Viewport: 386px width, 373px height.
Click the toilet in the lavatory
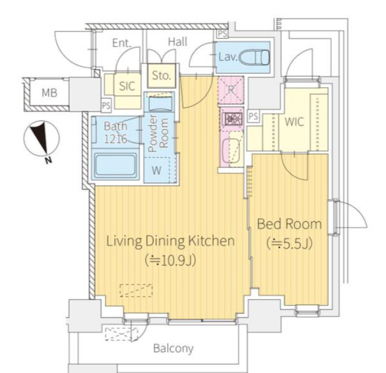(255, 57)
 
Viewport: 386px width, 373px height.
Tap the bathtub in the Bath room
(115, 166)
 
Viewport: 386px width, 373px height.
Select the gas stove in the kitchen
(231, 119)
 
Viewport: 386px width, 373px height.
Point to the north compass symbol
(42, 140)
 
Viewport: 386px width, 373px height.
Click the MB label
(49, 93)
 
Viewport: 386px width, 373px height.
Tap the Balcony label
(173, 348)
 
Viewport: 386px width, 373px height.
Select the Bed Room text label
(289, 224)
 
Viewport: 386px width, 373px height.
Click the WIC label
(294, 122)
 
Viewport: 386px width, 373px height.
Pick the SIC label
(127, 86)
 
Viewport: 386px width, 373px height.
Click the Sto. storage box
(161, 76)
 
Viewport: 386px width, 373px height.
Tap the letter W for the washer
(157, 170)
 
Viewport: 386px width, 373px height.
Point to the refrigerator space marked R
(231, 90)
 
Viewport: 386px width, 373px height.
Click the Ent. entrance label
(122, 43)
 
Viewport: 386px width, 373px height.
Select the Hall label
(178, 42)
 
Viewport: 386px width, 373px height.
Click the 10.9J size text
(170, 261)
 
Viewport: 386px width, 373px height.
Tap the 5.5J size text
(290, 244)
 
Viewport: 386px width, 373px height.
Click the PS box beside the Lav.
(222, 34)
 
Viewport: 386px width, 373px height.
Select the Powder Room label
(158, 133)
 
